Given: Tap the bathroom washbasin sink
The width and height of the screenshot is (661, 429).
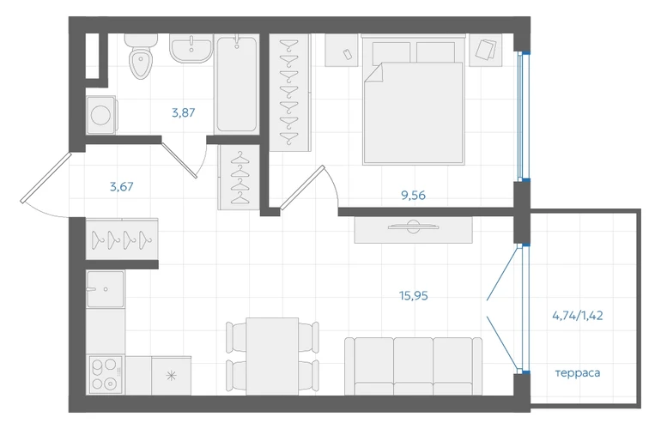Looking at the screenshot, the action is (191, 48).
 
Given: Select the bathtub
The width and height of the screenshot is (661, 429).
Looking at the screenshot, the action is (236, 84).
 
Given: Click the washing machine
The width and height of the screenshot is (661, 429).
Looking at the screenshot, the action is (101, 115).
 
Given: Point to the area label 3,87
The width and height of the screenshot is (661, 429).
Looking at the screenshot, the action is (184, 113).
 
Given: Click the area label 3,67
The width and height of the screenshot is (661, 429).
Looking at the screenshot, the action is (121, 187).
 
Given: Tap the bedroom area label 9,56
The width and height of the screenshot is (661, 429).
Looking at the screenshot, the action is (413, 196).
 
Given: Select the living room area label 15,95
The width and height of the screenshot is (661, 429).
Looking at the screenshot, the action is (414, 296).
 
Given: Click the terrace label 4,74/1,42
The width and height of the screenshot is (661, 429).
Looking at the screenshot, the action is (578, 315).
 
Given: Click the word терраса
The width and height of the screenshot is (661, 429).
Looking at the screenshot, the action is (578, 373).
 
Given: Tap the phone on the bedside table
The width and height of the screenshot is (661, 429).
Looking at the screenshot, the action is (348, 54).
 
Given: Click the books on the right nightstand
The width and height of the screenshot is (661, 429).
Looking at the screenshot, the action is (486, 49).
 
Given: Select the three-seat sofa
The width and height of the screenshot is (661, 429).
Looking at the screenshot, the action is (413, 366).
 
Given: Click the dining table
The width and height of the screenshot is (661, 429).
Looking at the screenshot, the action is (272, 356).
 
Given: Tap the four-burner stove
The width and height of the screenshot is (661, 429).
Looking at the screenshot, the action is (106, 375).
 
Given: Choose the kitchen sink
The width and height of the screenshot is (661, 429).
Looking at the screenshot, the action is (106, 289).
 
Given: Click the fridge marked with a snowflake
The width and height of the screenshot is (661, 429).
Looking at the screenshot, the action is (171, 376).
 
